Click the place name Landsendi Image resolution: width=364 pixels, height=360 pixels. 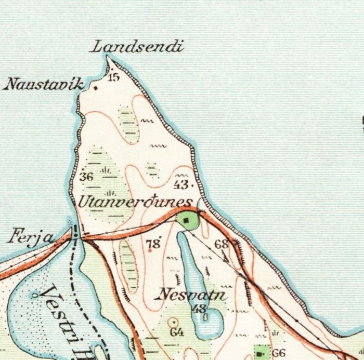(x=137, y=47)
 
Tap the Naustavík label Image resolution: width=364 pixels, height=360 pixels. (x=43, y=84)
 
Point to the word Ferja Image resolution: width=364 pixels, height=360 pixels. (x=32, y=238)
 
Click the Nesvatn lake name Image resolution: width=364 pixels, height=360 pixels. (x=192, y=295)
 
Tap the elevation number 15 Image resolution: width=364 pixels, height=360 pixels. (x=113, y=77)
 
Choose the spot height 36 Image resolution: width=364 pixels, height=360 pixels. (x=86, y=177)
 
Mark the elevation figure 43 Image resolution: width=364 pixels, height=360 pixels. (x=182, y=184)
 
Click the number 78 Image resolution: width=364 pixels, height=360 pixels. (x=152, y=243)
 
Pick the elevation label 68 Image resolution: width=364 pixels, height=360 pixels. (x=221, y=243)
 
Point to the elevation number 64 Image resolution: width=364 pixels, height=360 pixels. (x=176, y=332)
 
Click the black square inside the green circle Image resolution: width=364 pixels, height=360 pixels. (x=186, y=220)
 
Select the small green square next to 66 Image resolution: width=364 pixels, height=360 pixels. (x=261, y=353)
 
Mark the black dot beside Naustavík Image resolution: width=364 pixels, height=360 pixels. (x=96, y=88)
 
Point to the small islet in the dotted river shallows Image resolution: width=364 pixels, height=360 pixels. (x=35, y=295)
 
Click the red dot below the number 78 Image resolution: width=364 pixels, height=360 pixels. (x=150, y=250)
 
